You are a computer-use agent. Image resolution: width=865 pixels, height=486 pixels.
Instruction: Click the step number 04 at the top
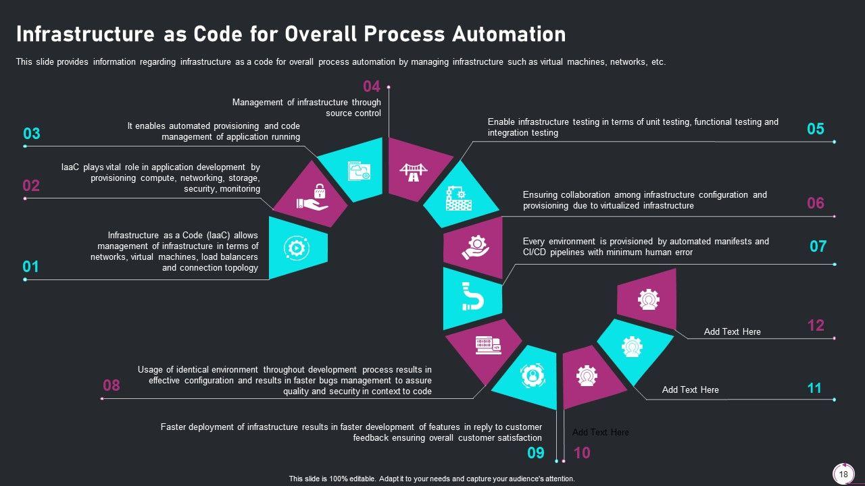(x=372, y=86)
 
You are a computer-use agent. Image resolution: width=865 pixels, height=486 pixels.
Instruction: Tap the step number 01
(x=30, y=267)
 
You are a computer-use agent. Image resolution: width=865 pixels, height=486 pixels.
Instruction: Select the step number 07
(x=818, y=246)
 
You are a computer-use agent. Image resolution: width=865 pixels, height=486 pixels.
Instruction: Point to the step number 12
(x=816, y=325)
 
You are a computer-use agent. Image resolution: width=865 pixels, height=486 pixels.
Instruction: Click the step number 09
(x=535, y=453)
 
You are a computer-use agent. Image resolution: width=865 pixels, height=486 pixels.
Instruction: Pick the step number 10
(x=581, y=453)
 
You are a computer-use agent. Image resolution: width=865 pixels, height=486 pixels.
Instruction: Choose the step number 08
(x=111, y=385)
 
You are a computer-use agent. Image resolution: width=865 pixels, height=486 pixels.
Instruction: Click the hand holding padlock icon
(x=312, y=196)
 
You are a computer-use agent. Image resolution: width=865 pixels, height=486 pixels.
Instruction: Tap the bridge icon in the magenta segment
(x=413, y=172)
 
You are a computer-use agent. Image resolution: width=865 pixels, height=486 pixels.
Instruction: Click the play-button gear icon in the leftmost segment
(x=295, y=248)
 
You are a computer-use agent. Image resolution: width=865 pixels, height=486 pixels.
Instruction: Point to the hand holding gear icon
(x=475, y=246)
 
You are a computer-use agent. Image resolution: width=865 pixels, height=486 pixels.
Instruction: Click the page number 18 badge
(x=843, y=475)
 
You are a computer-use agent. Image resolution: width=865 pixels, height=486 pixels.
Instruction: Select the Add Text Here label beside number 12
(x=732, y=331)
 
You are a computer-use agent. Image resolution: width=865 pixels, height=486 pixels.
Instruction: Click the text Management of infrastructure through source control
(x=307, y=108)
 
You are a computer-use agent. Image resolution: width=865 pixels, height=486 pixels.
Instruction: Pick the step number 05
(x=816, y=129)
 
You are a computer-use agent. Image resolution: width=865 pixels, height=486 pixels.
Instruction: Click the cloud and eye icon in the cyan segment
(x=359, y=171)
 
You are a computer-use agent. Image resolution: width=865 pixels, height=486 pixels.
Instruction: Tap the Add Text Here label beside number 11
(x=690, y=389)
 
